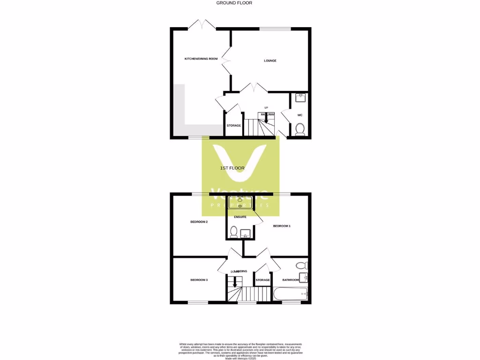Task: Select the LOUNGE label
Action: (x=270, y=60)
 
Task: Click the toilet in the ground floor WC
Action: (x=300, y=129)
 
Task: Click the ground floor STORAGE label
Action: (x=233, y=126)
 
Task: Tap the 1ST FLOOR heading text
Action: (x=232, y=168)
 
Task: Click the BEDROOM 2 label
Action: (x=199, y=222)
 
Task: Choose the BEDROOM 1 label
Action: (x=282, y=226)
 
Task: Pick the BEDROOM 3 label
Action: (x=199, y=280)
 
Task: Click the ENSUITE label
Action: (x=240, y=217)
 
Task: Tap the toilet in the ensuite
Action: (x=234, y=231)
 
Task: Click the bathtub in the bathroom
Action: (x=291, y=295)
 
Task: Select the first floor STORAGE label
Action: (x=262, y=280)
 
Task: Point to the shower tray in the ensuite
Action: (x=240, y=202)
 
